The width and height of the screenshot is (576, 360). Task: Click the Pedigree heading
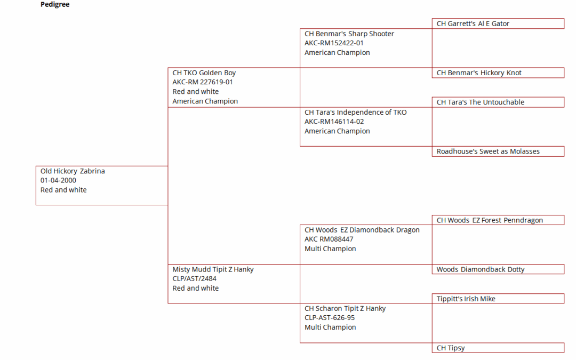[x=55, y=4]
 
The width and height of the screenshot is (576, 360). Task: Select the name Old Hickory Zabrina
[x=73, y=171]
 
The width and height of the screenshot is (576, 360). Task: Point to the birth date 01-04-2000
[x=59, y=180]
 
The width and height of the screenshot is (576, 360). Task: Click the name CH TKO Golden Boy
[x=204, y=73]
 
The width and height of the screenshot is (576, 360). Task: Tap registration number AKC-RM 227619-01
[x=203, y=82]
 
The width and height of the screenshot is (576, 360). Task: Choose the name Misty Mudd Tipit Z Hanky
[x=213, y=270]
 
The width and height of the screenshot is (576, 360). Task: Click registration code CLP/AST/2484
[x=194, y=279]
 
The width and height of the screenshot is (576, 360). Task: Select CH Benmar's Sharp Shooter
[x=349, y=34]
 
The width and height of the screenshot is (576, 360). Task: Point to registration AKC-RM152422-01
[x=334, y=43]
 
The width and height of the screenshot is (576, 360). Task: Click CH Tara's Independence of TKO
[x=356, y=113]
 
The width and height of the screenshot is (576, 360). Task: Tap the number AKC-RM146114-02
[x=334, y=122]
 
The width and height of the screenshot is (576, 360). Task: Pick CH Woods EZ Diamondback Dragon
[x=362, y=230]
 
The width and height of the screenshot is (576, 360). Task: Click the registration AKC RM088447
[x=329, y=239]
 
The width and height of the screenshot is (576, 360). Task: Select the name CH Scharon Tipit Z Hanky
[x=345, y=309]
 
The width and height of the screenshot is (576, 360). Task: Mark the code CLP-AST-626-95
[x=330, y=318]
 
